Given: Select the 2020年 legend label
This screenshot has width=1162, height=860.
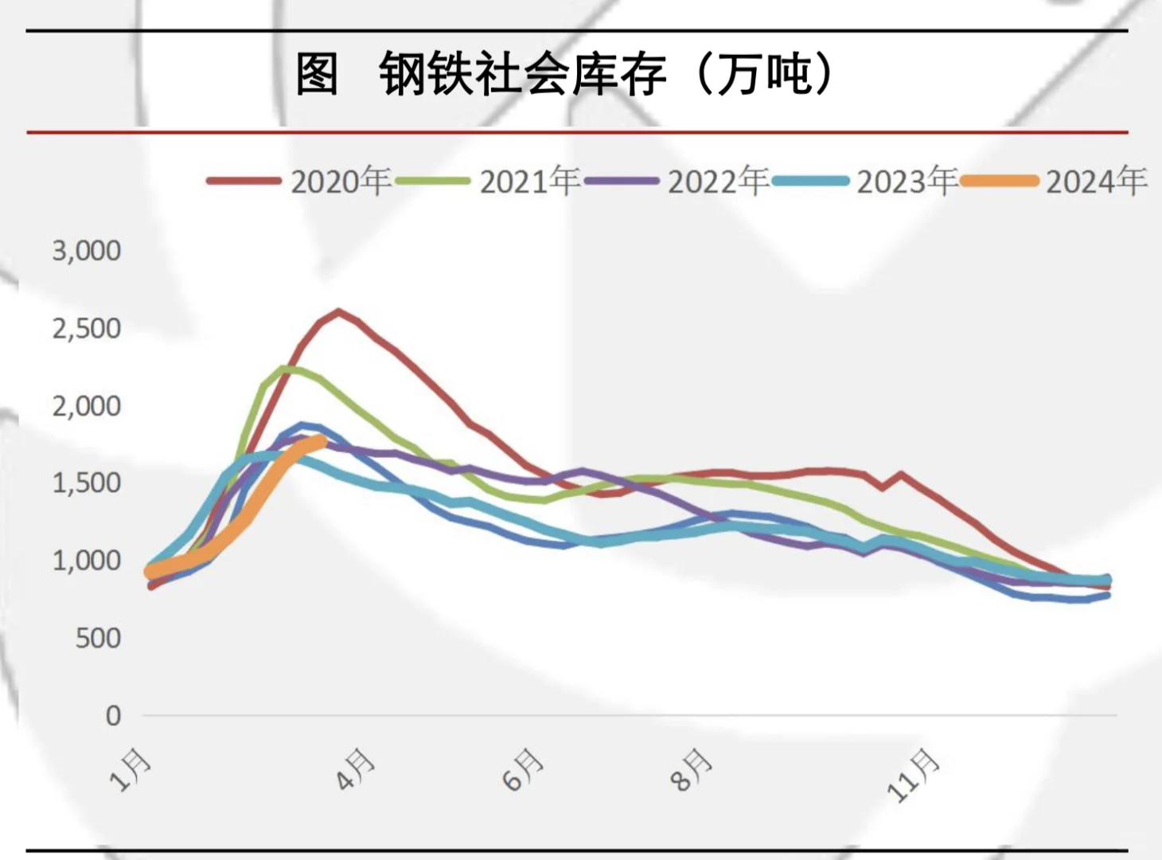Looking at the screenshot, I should click(341, 182).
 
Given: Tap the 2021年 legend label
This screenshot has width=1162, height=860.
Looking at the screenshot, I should click(529, 182).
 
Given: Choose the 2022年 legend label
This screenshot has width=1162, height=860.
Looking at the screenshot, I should click(718, 182).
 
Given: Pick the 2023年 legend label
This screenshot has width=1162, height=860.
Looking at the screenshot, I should click(907, 182).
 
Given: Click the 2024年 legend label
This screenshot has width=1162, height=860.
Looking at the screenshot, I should click(1096, 182).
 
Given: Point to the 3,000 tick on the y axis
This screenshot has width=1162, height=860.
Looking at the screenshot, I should click(87, 251).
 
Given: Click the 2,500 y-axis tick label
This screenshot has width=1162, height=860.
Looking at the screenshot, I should click(87, 328).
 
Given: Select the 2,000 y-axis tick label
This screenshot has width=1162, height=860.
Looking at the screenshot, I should click(87, 406).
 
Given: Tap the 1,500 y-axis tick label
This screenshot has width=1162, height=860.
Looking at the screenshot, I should click(87, 483).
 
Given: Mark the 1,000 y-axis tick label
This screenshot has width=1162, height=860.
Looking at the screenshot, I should click(87, 561).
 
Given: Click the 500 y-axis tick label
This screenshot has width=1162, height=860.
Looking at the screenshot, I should click(98, 638).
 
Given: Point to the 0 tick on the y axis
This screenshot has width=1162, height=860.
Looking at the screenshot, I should click(113, 715).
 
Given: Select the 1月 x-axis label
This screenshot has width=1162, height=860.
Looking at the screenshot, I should click(131, 769).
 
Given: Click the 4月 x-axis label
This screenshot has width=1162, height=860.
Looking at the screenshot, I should click(355, 769).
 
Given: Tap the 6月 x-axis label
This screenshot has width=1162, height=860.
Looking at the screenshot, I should click(524, 769).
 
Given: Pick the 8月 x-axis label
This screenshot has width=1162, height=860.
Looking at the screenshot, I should click(691, 769).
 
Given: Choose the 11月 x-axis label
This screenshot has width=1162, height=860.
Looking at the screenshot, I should click(914, 774).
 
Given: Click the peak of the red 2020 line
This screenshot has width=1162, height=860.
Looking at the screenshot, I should click(339, 311).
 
